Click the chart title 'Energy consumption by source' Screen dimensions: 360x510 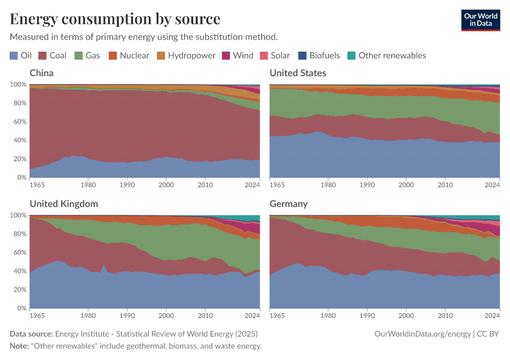[x=115, y=19]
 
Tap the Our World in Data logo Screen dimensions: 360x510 [x=480, y=20]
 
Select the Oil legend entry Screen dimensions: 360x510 [x=21, y=55]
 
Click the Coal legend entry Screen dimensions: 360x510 [x=52, y=55]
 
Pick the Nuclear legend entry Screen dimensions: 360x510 [x=128, y=55]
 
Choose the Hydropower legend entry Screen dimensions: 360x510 [x=185, y=55]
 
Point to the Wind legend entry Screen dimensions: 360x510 [x=238, y=55]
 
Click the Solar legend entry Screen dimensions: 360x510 [x=274, y=55]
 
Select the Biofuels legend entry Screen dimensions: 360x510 [x=319, y=55]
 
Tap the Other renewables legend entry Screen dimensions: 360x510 [x=386, y=55]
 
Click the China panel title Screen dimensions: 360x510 [x=41, y=73]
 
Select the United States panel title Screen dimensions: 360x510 [x=298, y=73]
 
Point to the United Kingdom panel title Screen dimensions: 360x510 [x=64, y=203]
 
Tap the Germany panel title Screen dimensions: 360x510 [x=289, y=203]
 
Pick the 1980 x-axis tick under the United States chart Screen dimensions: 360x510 [x=328, y=185]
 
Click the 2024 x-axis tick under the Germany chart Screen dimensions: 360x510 [x=491, y=315]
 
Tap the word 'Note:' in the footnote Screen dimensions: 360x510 [x=20, y=346]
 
